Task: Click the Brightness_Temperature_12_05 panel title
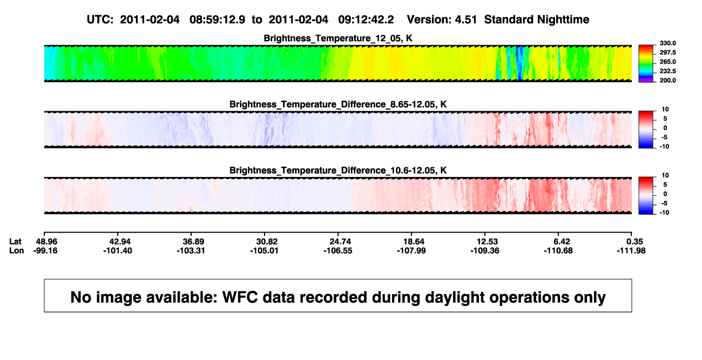pos(338,38)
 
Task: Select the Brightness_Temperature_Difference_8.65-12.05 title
pos(338,104)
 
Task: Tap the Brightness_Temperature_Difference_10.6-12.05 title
pos(338,171)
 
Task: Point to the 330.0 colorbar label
pos(667,43)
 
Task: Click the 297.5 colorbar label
pos(667,53)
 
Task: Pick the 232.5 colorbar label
pos(667,71)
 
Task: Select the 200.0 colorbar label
pos(667,80)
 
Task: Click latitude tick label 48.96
pos(46,242)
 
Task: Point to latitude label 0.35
pos(634,242)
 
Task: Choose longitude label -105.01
pos(264,251)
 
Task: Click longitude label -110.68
pos(558,251)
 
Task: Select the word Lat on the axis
pos(15,242)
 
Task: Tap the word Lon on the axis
pos(17,251)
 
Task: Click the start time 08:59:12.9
pos(217,20)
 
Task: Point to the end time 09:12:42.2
pos(366,20)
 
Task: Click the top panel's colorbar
pos(646,64)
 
